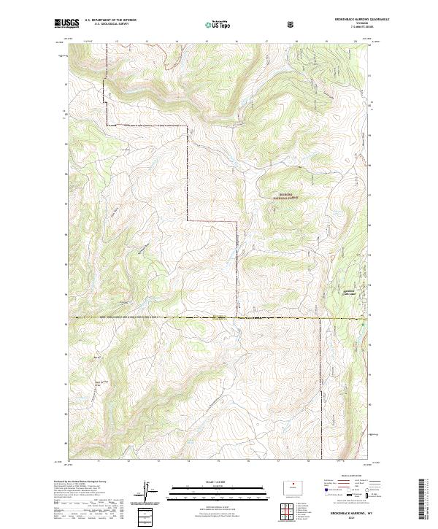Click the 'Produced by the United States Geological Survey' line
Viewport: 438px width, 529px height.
click(77, 482)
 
